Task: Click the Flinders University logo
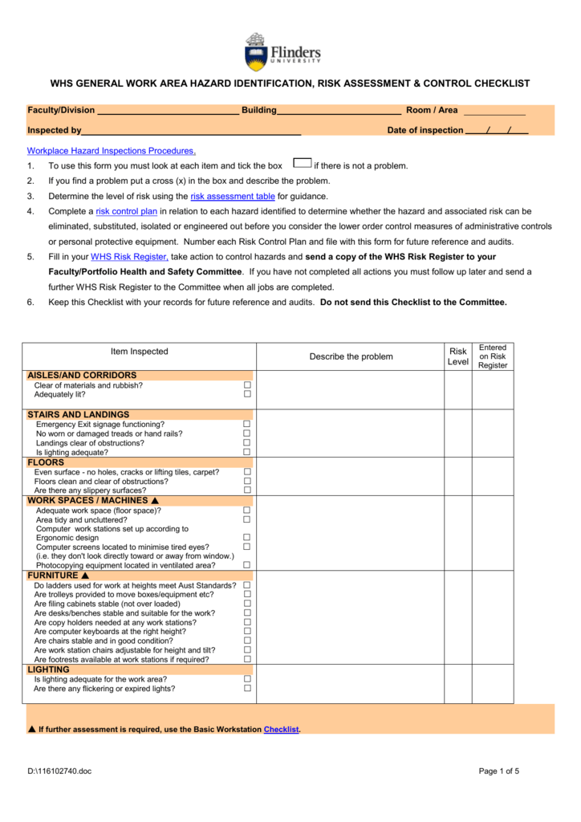pos(282,53)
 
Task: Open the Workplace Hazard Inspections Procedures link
pos(112,151)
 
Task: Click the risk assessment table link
pos(233,197)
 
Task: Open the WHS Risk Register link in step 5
pos(129,257)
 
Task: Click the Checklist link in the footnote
pos(281,730)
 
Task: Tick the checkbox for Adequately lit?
pos(247,394)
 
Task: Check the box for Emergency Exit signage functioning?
pos(247,424)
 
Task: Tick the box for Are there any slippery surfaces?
pos(247,490)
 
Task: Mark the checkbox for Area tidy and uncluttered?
pos(247,519)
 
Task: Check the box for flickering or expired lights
pos(247,688)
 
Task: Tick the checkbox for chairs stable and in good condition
pos(247,641)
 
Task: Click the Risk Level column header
pos(457,356)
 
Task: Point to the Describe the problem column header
pos(351,356)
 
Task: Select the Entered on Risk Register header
pos(492,356)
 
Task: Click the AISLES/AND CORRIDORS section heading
pos(82,375)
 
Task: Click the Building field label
pos(259,110)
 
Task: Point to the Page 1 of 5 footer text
pos(499,771)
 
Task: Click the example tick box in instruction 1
pos(303,163)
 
